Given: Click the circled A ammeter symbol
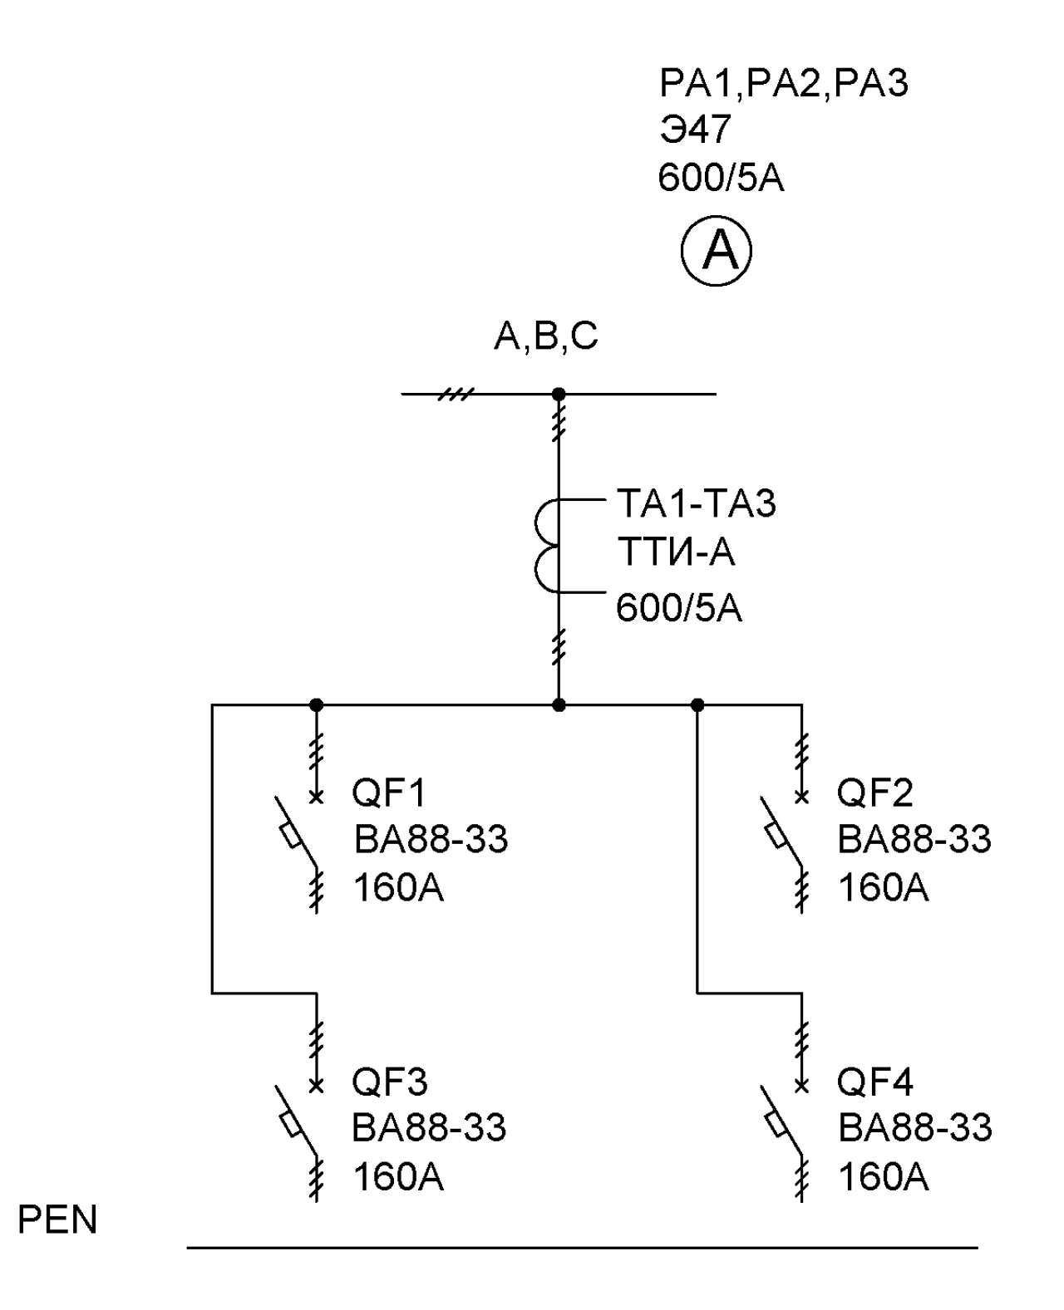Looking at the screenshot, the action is [x=717, y=251].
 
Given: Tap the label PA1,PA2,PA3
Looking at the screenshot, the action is [x=783, y=84].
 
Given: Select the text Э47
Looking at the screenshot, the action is [x=695, y=129].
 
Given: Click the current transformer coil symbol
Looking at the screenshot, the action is [x=546, y=546].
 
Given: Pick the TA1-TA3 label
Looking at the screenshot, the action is [x=696, y=503].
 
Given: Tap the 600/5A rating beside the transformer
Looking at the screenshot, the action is [x=679, y=609].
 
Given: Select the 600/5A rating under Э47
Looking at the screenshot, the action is [x=721, y=179].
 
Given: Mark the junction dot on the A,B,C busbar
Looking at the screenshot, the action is [x=558, y=394].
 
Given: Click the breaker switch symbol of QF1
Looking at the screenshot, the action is [x=298, y=833].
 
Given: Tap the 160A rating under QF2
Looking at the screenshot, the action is [x=883, y=888].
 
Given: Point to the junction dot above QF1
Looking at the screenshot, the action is [x=316, y=704].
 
